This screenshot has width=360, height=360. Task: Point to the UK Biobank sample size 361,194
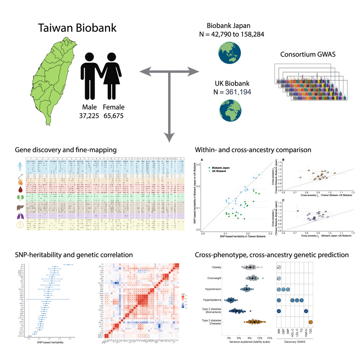click(x=235, y=92)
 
